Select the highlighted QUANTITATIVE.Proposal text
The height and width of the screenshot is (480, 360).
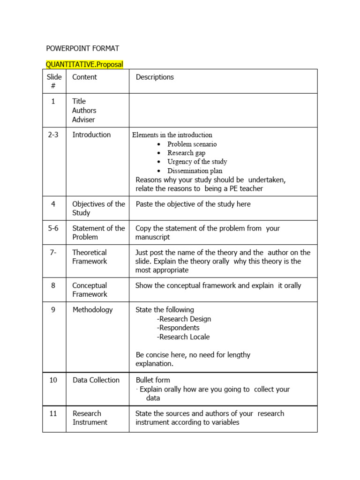(x=84, y=64)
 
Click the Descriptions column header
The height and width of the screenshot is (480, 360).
(x=155, y=77)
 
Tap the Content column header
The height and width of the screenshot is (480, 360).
(x=85, y=77)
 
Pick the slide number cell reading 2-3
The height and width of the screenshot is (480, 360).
(x=53, y=135)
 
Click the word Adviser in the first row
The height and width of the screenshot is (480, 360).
(x=83, y=120)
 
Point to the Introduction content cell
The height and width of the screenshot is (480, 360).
(x=91, y=135)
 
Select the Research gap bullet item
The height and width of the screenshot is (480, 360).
(x=186, y=153)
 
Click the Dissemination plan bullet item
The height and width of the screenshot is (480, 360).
(x=195, y=171)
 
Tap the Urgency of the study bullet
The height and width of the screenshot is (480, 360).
(x=197, y=162)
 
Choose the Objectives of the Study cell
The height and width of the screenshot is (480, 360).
(x=98, y=208)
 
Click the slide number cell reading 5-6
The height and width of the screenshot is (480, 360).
(x=53, y=228)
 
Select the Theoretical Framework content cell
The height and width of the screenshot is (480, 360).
(x=90, y=257)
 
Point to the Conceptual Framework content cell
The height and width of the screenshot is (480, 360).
(x=90, y=290)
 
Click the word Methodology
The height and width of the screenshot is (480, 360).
(x=92, y=310)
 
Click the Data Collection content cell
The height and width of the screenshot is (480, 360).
(x=96, y=380)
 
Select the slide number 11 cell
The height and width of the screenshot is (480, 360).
(x=53, y=413)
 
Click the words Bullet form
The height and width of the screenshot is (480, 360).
(x=153, y=380)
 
